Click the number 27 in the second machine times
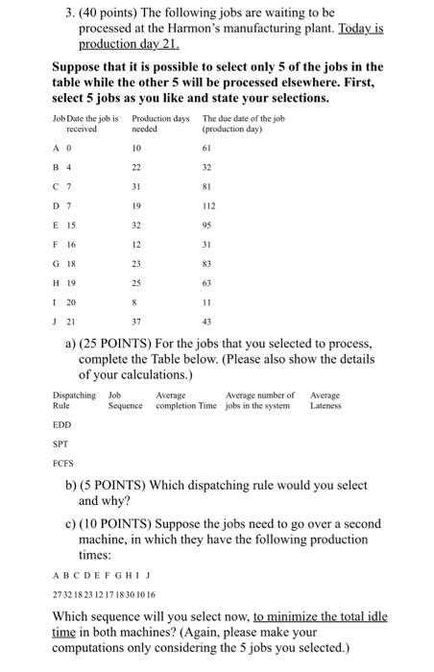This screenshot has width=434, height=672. click(57, 594)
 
